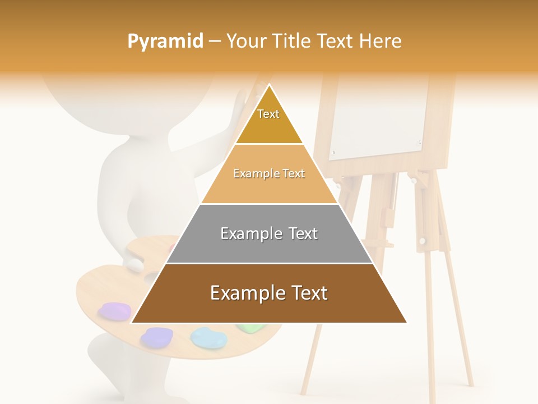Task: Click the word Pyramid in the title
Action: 165,42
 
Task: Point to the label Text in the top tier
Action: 268,114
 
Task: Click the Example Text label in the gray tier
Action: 269,233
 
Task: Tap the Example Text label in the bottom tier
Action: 269,293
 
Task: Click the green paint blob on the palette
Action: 247,328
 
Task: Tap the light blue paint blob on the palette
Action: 208,337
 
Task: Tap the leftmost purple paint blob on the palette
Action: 114,310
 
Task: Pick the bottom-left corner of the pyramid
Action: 132,323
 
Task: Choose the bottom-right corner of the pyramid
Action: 406,323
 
